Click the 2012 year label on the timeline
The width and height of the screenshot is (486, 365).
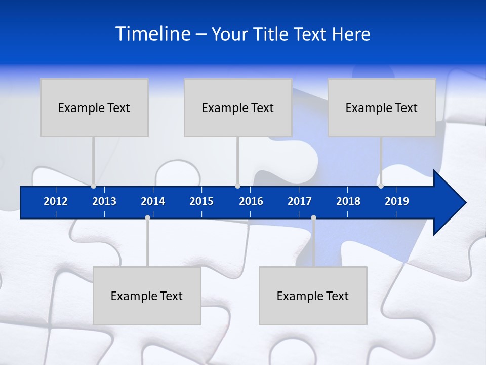56,201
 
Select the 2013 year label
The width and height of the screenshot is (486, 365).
104,201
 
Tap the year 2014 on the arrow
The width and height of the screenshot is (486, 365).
153,201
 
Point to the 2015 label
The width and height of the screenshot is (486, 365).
201,201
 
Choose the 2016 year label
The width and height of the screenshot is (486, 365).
251,201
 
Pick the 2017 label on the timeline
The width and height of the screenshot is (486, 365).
300,201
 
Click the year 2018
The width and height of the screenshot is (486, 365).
348,201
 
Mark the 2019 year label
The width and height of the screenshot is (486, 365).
397,201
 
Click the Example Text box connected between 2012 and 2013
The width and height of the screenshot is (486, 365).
94,107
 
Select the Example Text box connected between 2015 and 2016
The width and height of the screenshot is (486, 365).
238,107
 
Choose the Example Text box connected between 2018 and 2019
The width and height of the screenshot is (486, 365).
382,107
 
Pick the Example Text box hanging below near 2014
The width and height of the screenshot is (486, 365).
147,296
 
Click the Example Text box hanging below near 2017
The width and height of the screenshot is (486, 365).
313,296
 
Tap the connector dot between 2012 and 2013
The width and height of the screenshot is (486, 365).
93,186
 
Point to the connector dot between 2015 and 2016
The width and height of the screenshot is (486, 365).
237,186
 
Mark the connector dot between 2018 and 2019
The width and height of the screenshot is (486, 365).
381,186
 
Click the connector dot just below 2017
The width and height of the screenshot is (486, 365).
313,218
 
